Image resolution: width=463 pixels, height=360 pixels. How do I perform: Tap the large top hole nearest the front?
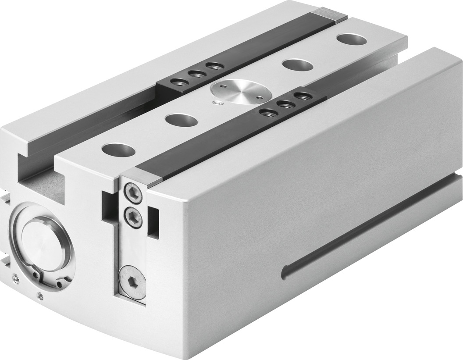118,150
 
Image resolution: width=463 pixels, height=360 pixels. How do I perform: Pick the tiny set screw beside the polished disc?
215,103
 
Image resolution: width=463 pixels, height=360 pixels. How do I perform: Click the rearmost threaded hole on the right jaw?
303,95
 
